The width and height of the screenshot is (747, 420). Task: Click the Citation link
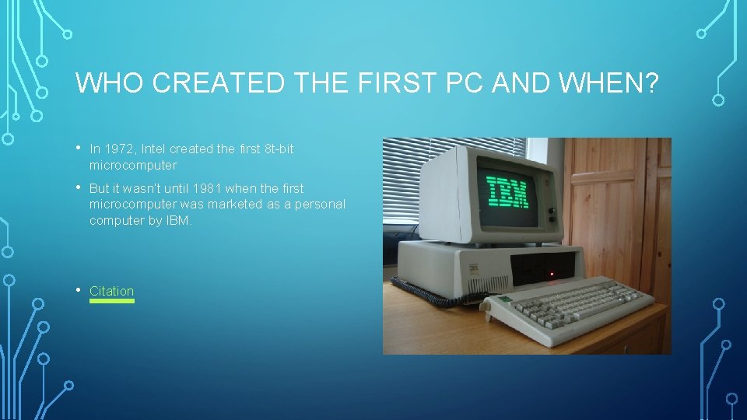pyautogui.click(x=111, y=291)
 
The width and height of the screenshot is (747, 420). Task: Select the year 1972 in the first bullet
pyautogui.click(x=119, y=149)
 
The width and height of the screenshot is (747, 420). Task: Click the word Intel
pyautogui.click(x=153, y=149)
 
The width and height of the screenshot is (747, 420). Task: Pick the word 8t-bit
pyautogui.click(x=278, y=149)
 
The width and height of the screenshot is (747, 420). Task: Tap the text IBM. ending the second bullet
pyautogui.click(x=178, y=220)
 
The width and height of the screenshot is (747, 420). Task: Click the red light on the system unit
pyautogui.click(x=552, y=274)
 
